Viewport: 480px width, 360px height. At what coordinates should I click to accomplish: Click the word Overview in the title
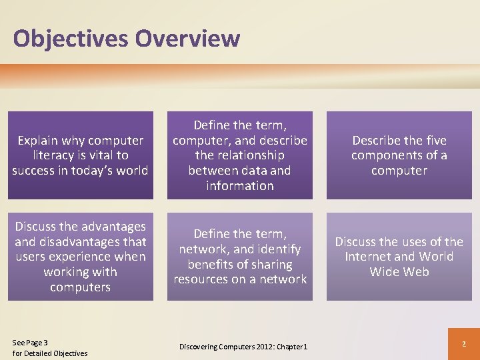187,39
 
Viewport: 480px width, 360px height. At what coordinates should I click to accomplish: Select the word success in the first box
33,171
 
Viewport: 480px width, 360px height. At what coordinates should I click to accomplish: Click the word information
240,186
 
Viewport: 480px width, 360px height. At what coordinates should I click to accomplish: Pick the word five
433,140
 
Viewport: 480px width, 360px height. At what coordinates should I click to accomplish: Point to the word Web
416,272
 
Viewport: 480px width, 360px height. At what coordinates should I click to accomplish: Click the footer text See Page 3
31,343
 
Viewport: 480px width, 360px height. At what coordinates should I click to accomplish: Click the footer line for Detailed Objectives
50,353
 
